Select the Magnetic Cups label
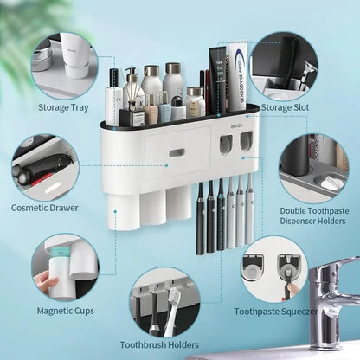[x=61, y=310]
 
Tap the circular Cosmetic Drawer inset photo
[x=45, y=166]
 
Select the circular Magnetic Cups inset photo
[x=64, y=267]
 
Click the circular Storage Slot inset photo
[x=286, y=66]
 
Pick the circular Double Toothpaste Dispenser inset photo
[x=313, y=167]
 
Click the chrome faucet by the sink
[x=333, y=294]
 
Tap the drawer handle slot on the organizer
[x=176, y=153]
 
